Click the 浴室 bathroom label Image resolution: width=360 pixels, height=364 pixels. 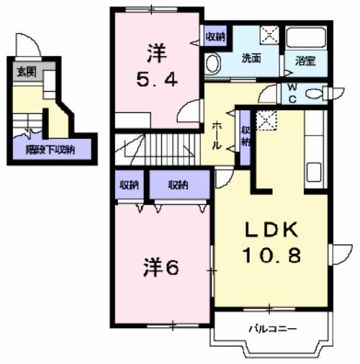[305, 63]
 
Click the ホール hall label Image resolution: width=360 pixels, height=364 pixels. [216, 135]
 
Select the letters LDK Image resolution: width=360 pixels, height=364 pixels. [271, 230]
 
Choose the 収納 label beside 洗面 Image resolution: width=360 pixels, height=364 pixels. [215, 37]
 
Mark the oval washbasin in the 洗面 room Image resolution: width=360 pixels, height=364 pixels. [212, 63]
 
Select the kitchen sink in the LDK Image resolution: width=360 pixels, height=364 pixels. [315, 173]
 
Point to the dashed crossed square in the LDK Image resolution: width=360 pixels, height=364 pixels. [267, 120]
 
